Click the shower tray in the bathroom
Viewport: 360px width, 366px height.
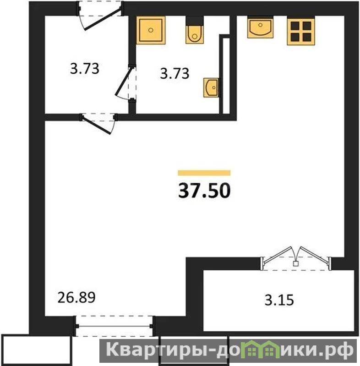coord(151,30)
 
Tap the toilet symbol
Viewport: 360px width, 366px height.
coord(195,30)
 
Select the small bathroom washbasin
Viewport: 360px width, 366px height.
coord(211,87)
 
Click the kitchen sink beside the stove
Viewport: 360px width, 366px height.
coord(260,27)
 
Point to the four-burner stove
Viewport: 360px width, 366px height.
coord(301,31)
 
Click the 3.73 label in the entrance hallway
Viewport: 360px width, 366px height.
coord(85,69)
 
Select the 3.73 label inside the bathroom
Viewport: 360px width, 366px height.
coord(175,73)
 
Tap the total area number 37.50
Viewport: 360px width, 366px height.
coord(204,190)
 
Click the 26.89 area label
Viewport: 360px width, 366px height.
coord(76,297)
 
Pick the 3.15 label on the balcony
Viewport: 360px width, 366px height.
coord(279,300)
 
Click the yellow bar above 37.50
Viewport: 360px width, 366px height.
coord(204,173)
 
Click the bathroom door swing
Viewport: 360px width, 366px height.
coord(126,83)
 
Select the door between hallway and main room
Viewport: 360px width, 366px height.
coord(98,123)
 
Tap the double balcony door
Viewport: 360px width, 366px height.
coord(296,258)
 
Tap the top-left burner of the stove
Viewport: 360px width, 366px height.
coord(295,26)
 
